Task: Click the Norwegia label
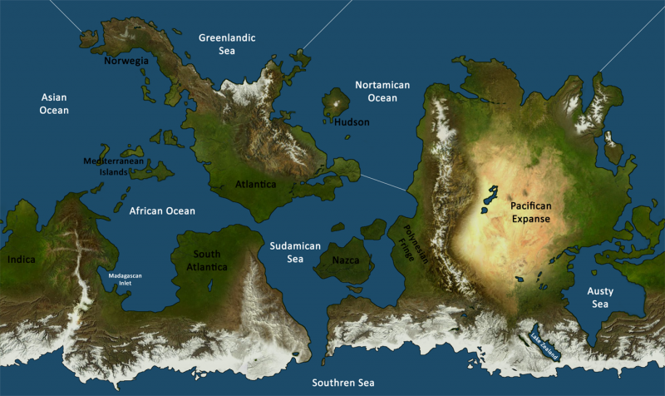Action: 126,61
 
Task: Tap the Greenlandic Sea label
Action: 226,44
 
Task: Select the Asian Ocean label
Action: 54,104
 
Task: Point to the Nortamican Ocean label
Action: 383,92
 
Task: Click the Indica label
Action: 22,260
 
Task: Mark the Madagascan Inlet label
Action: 126,279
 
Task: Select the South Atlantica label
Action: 209,260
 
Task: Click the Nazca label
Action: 346,260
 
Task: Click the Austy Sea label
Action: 603,298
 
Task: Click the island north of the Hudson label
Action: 336,102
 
